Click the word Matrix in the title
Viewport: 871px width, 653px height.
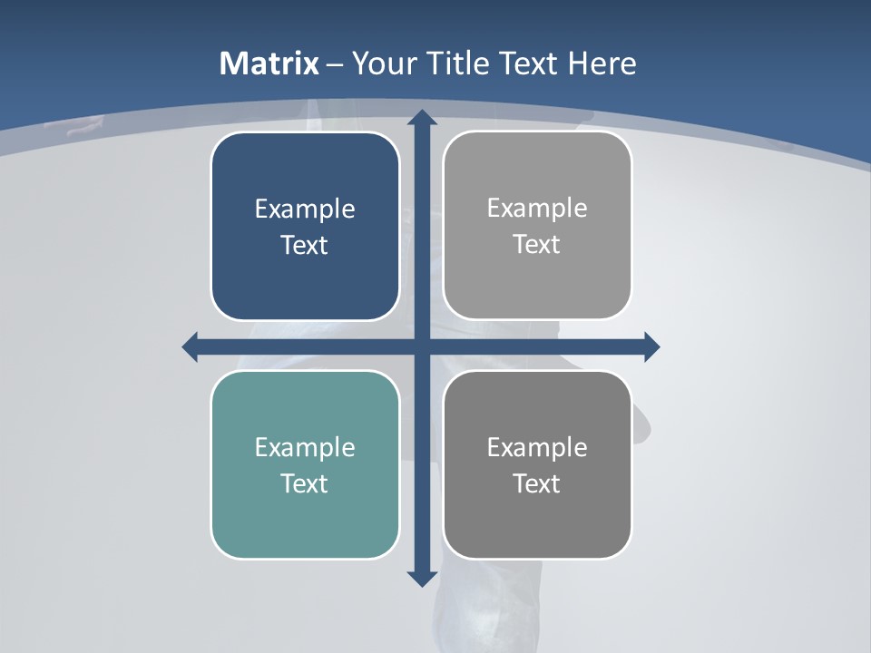click(x=269, y=63)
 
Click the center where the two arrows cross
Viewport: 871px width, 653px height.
click(x=421, y=346)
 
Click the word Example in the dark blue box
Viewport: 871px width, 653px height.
click(x=305, y=210)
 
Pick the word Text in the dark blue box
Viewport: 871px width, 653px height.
click(x=305, y=246)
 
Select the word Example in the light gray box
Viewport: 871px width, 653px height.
click(x=537, y=209)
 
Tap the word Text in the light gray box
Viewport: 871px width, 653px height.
click(x=537, y=245)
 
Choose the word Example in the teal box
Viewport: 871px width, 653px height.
click(x=305, y=448)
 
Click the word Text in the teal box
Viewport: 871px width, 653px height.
click(x=305, y=484)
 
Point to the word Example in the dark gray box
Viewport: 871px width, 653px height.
click(x=537, y=448)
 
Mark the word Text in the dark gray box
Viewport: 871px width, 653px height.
click(x=537, y=484)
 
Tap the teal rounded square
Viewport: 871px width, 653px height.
click(x=305, y=526)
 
